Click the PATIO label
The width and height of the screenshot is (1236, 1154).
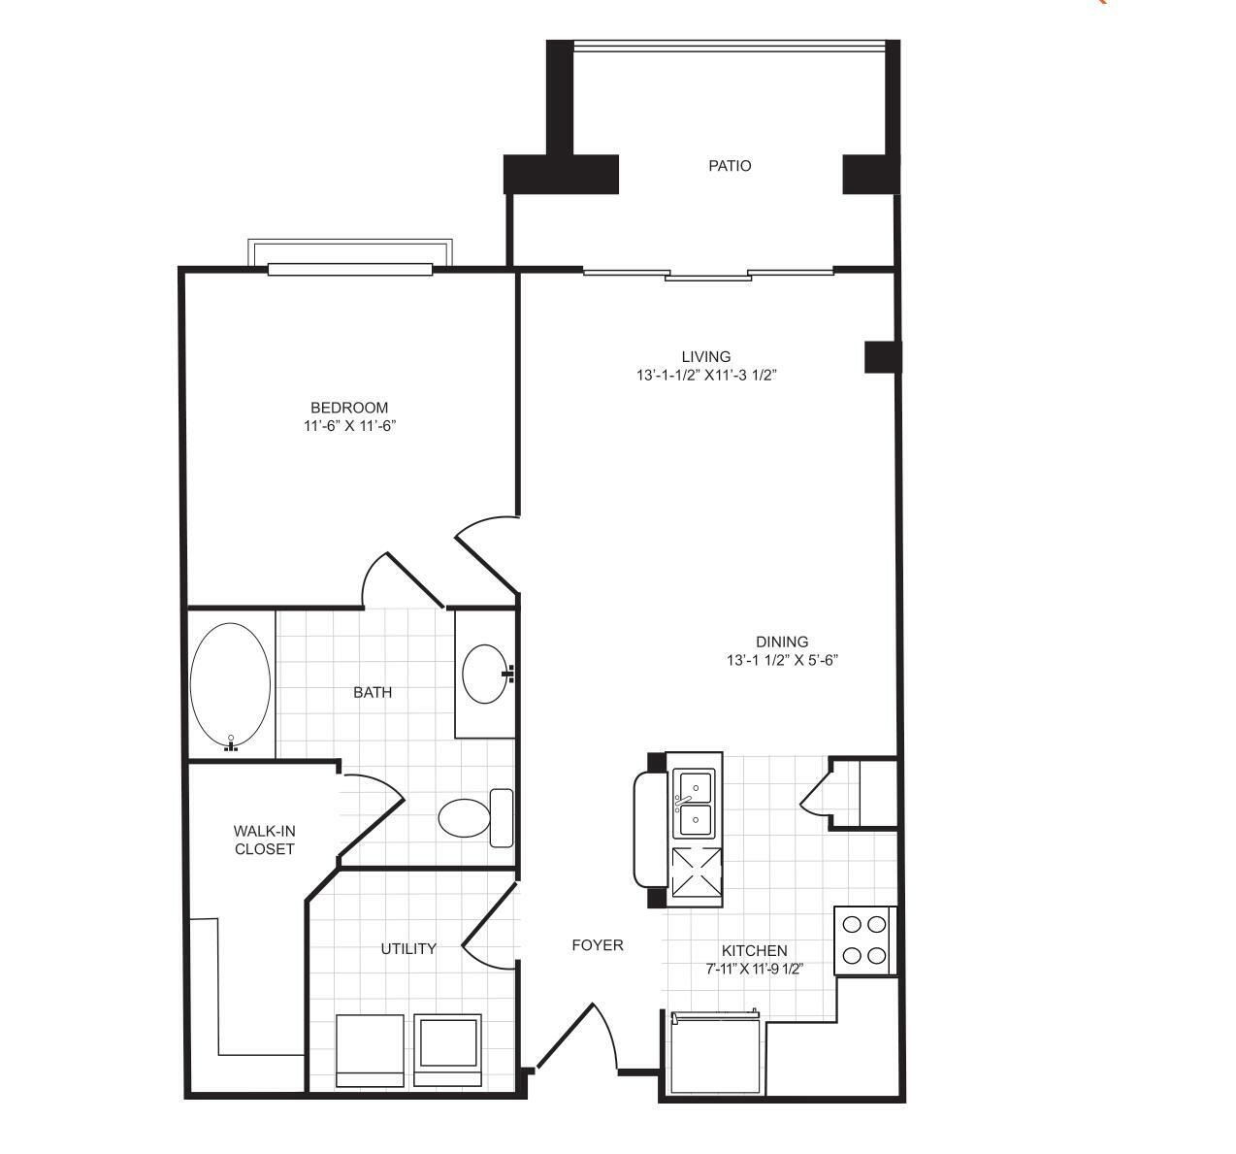730,166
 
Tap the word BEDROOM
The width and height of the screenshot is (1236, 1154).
349,408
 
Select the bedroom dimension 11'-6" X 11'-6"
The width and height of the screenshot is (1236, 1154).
350,426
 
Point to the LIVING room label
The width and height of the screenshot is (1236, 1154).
705,357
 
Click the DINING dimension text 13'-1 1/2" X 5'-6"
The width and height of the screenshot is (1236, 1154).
782,660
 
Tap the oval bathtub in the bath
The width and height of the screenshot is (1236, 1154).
230,684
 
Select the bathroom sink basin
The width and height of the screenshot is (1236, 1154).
485,675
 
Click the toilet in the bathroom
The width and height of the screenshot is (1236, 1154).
476,818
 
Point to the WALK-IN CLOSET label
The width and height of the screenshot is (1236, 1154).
265,840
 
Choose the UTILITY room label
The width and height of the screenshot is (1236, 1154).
408,949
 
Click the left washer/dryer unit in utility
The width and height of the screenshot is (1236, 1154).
370,1052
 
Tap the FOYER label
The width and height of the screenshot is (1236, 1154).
598,945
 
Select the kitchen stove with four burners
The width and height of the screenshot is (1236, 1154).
865,940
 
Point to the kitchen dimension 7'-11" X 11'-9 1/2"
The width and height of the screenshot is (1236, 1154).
755,969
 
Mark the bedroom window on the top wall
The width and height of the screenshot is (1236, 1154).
350,269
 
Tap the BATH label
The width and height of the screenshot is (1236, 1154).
373,693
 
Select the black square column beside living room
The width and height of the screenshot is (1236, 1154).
883,357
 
